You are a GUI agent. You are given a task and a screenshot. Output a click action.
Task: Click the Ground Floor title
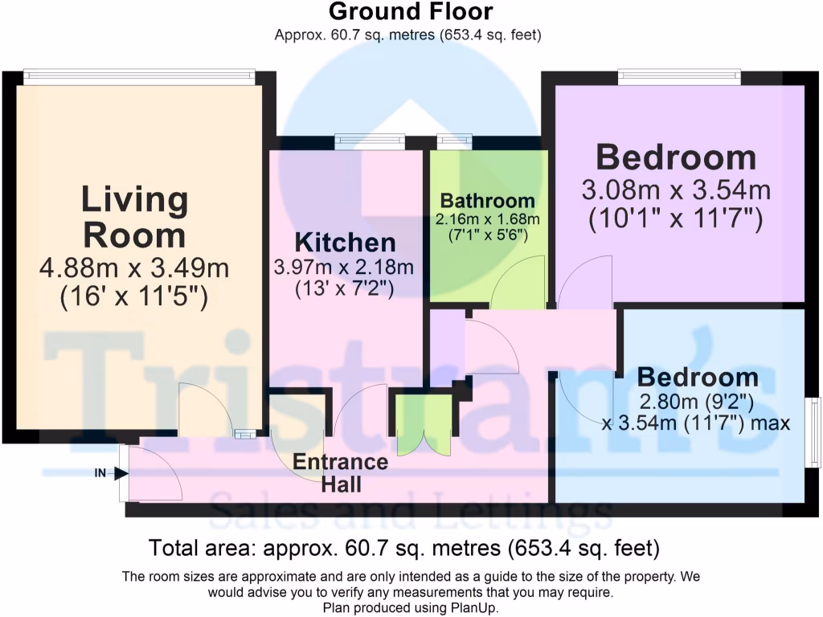(411, 12)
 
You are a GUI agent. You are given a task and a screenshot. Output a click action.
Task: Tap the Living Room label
(135, 218)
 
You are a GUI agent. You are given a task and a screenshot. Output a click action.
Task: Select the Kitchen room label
(345, 243)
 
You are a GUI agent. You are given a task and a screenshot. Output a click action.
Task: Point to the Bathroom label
(487, 201)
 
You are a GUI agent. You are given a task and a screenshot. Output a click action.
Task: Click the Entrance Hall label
(340, 473)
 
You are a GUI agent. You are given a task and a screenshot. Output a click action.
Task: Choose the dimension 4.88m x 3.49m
(135, 267)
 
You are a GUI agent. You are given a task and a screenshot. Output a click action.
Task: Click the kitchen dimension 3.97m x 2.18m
(345, 267)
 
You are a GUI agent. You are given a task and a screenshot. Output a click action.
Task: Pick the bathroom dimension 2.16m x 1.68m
(487, 219)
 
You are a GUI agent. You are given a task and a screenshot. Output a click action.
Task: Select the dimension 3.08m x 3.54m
(675, 191)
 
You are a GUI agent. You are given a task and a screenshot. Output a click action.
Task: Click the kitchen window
(370, 141)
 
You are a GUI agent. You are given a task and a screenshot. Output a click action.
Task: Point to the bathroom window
(454, 141)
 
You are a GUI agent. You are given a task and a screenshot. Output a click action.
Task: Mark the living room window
(138, 76)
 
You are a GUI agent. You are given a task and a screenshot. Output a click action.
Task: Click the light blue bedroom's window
(815, 433)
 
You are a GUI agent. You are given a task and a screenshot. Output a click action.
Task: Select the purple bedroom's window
(679, 77)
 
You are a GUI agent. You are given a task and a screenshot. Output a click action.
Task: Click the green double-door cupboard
(424, 423)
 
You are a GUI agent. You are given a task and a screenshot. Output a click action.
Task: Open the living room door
(205, 411)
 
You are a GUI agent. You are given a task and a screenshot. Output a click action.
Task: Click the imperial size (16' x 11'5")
(135, 297)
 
